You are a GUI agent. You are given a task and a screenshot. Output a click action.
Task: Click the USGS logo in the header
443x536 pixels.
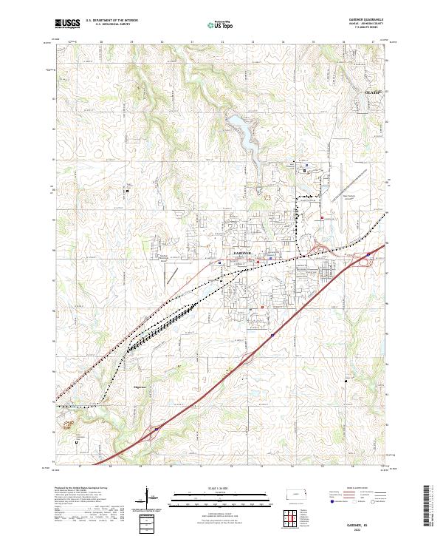(x=67, y=24)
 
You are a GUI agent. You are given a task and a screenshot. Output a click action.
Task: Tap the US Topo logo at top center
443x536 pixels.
(x=221, y=24)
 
